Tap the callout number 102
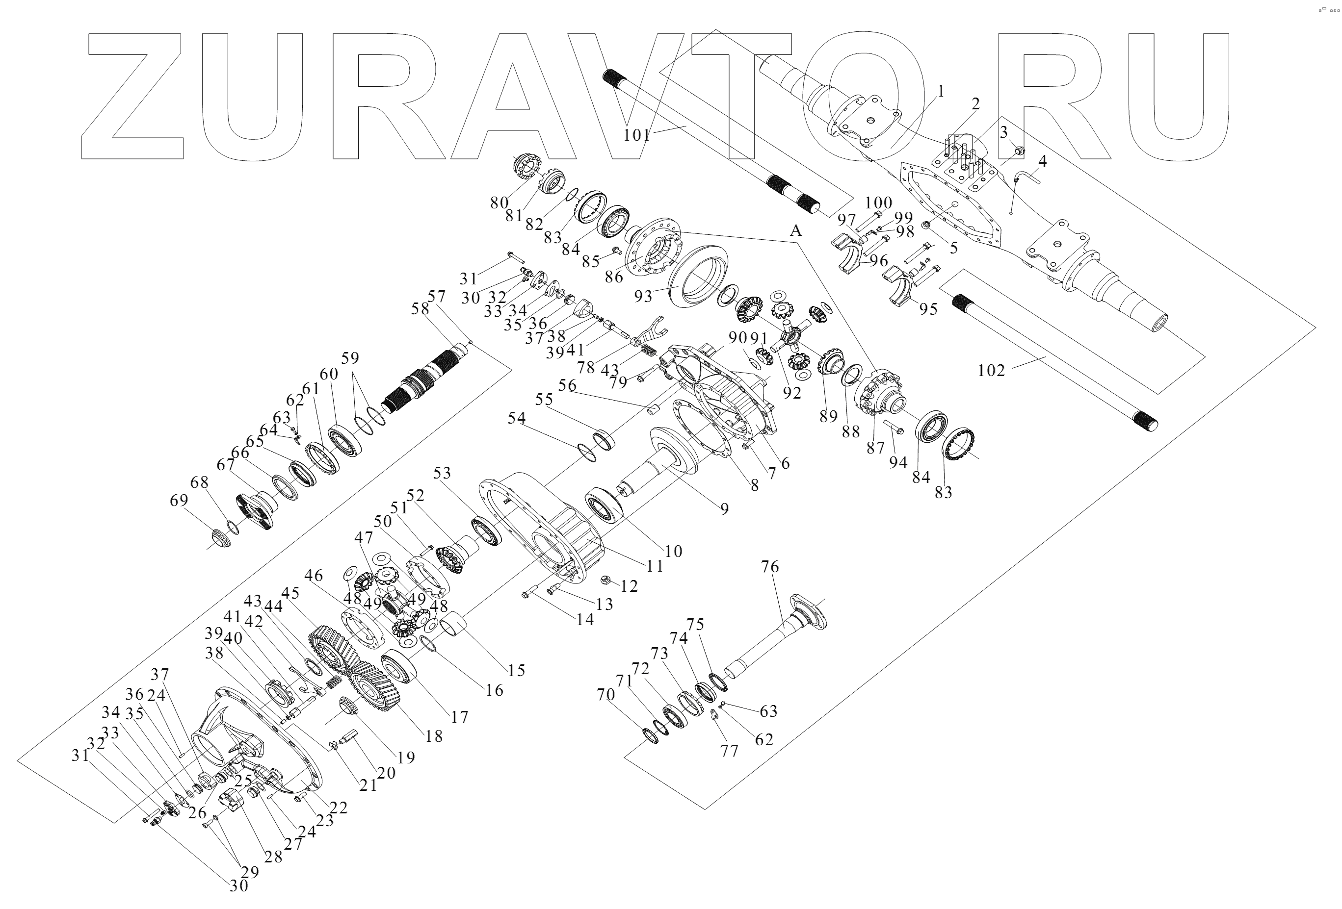[x=991, y=371]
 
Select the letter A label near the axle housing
[x=796, y=231]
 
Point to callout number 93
[x=643, y=296]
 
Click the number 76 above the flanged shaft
[x=770, y=567]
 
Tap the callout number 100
[x=878, y=203]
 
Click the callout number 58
[x=421, y=309]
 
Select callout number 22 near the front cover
[x=339, y=808]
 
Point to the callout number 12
[x=629, y=586]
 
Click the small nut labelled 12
[x=606, y=580]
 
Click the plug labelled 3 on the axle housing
[x=1019, y=151]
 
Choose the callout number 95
[x=928, y=309]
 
